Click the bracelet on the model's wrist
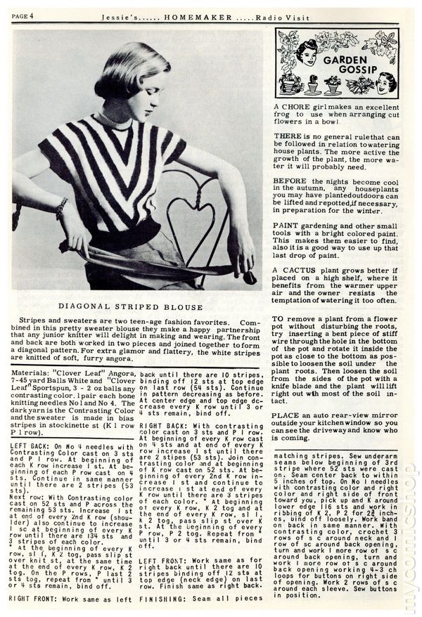(x=62, y=207)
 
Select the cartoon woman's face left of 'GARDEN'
(x=307, y=52)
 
